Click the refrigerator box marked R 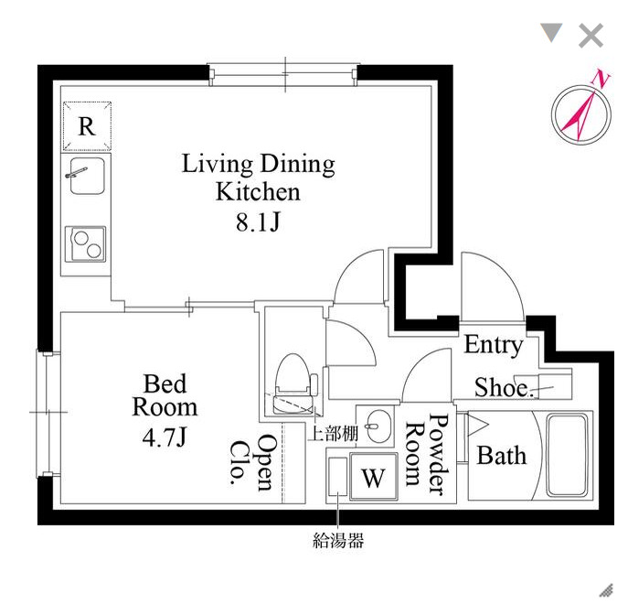[87, 126]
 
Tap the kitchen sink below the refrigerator [85, 176]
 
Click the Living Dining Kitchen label [258, 178]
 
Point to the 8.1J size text [258, 221]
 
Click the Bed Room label [165, 394]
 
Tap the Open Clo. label [253, 462]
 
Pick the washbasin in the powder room [375, 424]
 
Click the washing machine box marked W [372, 477]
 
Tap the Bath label [502, 454]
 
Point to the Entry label [494, 345]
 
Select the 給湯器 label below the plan [338, 540]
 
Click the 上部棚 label [330, 434]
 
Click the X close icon [591, 37]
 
